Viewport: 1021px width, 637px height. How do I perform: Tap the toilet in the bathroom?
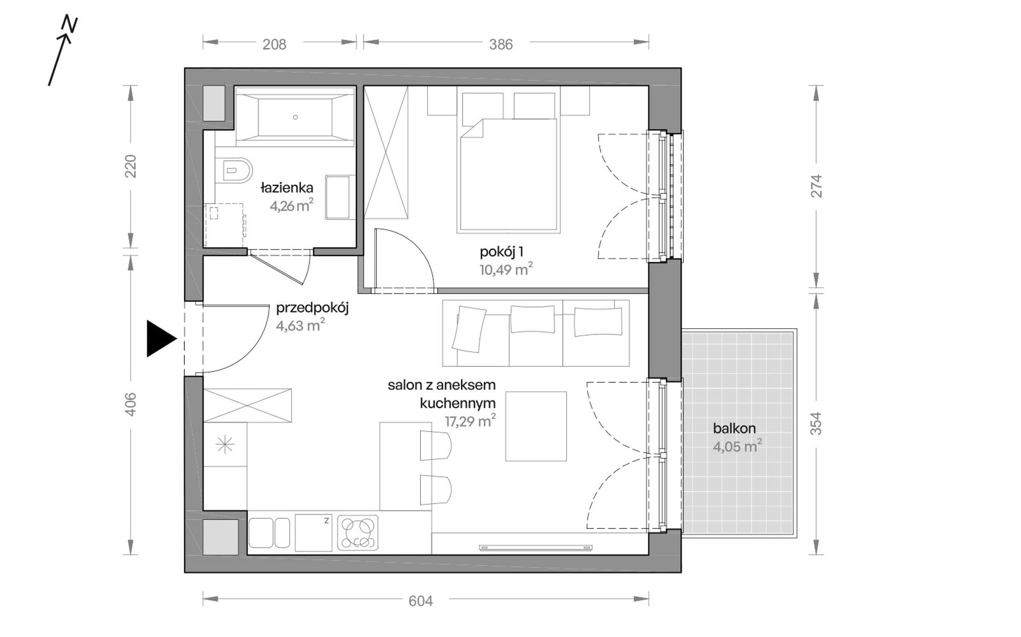coord(234,171)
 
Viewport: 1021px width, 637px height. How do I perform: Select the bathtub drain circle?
coord(295,117)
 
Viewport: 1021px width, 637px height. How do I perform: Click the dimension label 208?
coord(274,44)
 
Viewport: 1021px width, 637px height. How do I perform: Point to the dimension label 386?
coord(501,44)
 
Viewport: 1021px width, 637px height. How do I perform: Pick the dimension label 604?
coord(420,600)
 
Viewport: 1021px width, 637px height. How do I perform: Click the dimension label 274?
coord(816,185)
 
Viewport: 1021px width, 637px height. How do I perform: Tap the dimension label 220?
coord(131,166)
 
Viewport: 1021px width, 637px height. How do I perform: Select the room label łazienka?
coord(287,188)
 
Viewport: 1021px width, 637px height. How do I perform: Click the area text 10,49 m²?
coord(506,269)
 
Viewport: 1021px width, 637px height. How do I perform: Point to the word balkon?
coord(734,428)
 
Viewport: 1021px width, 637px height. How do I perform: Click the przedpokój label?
coord(312,309)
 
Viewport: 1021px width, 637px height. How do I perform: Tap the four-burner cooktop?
coord(358,533)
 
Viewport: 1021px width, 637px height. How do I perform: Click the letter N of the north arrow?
coord(70,24)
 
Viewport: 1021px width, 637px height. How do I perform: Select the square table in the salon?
coord(536,426)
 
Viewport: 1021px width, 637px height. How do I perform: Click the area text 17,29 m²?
coord(470,421)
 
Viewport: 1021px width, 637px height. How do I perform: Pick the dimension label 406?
coord(131,404)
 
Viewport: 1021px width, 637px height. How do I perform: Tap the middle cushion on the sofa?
coord(532,319)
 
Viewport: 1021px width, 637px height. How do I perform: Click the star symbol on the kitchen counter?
coord(225,445)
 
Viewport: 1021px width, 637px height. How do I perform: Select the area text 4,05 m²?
coord(737,446)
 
